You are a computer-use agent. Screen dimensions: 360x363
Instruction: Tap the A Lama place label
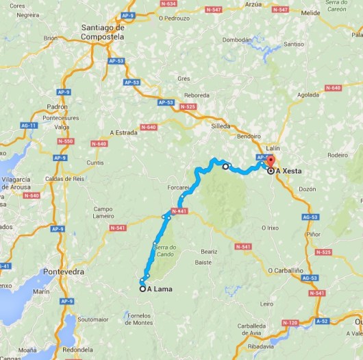(x=159, y=289)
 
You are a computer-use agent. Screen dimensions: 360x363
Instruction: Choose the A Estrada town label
(x=124, y=133)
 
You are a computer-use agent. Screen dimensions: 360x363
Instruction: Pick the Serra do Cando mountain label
(x=165, y=250)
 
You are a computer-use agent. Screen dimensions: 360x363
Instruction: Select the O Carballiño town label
(x=286, y=269)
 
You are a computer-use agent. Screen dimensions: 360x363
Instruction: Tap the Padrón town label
(x=58, y=107)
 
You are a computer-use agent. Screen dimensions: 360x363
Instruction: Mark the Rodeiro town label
(x=338, y=155)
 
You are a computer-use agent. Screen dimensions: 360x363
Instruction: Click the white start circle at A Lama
(x=142, y=289)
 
